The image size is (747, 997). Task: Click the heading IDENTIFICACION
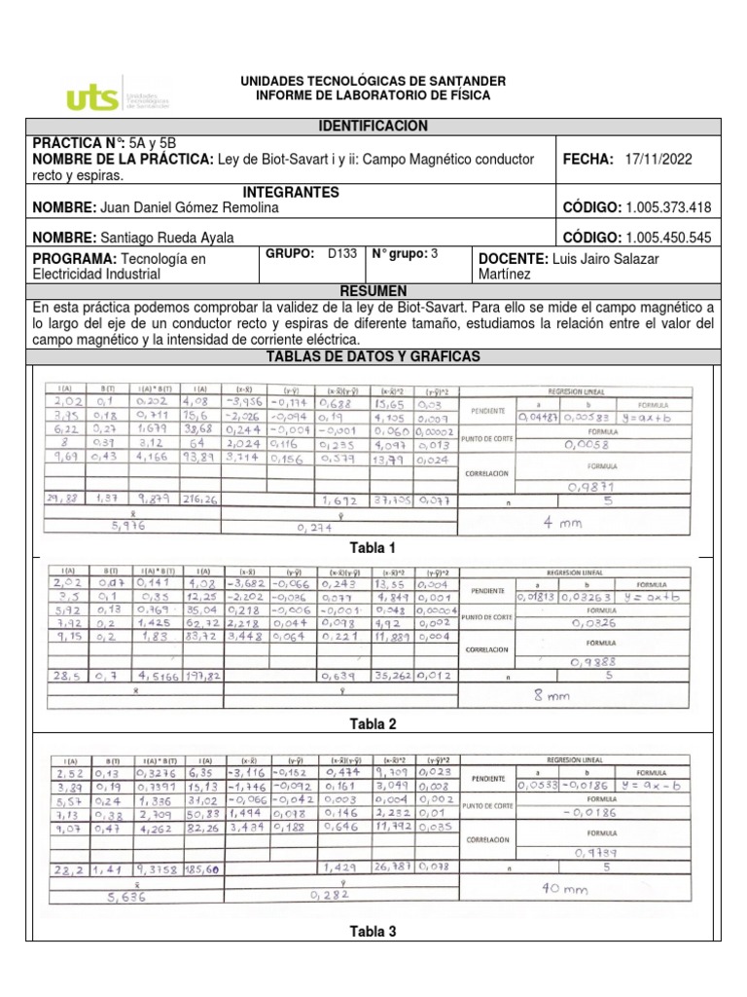coord(373,127)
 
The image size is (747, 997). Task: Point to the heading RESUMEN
coord(373,291)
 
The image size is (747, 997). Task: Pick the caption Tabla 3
coord(373,932)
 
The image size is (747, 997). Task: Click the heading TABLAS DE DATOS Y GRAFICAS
coord(373,357)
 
